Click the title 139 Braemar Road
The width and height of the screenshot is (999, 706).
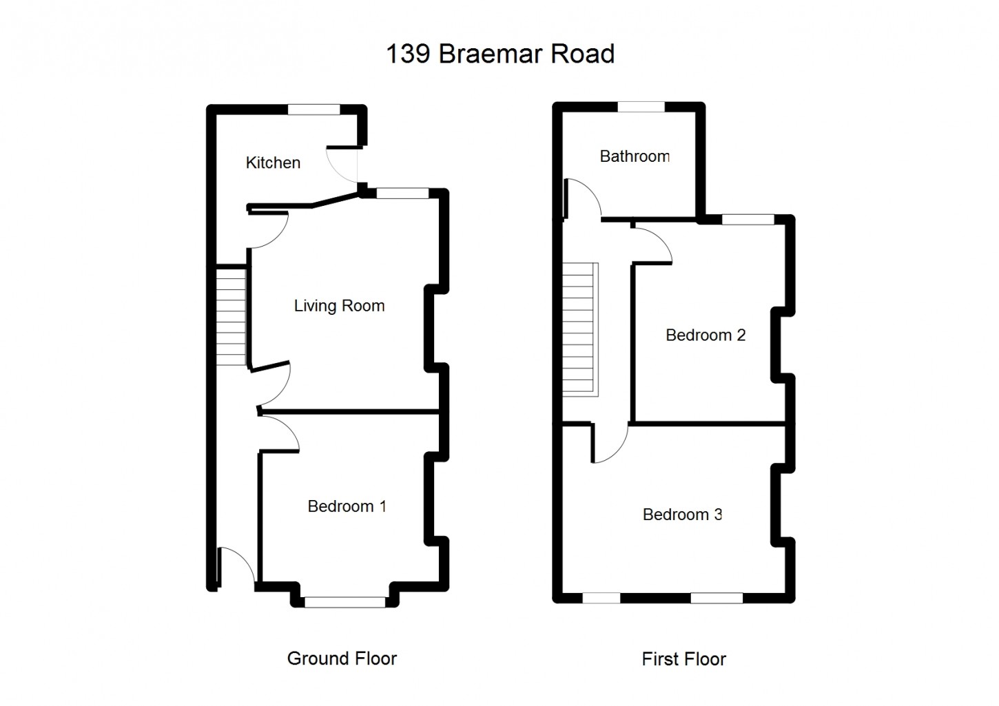pyautogui.click(x=499, y=54)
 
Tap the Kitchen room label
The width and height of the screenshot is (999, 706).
pyautogui.click(x=273, y=163)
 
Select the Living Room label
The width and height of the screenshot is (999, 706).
pyautogui.click(x=339, y=306)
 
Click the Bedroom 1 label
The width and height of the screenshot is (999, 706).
pyautogui.click(x=347, y=506)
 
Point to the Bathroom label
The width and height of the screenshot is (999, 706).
pyautogui.click(x=635, y=156)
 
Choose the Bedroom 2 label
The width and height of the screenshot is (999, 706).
pyautogui.click(x=706, y=335)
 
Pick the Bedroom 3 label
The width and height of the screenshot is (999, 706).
pyautogui.click(x=682, y=515)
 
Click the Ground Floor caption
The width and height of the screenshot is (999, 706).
pyautogui.click(x=342, y=658)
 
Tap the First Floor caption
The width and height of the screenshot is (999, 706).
pyautogui.click(x=683, y=659)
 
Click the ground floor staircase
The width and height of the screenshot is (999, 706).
pyautogui.click(x=231, y=316)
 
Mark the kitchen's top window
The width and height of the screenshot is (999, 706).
pyautogui.click(x=314, y=109)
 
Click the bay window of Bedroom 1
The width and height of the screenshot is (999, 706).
pyautogui.click(x=345, y=602)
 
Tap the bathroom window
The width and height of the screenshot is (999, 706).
pyautogui.click(x=641, y=107)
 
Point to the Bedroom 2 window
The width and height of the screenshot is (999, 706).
pyautogui.click(x=748, y=220)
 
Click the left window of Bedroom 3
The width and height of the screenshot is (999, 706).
pyautogui.click(x=601, y=598)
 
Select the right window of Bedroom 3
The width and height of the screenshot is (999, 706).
pyautogui.click(x=717, y=598)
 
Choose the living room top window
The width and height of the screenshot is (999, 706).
pyautogui.click(x=403, y=194)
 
